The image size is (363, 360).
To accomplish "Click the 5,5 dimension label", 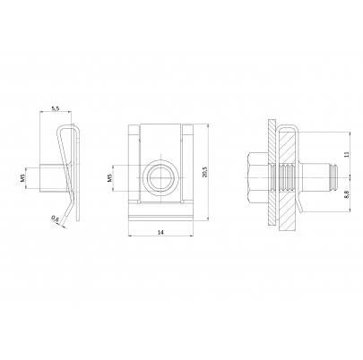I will click(x=55, y=107).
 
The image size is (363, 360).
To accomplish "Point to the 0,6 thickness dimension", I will click(x=56, y=218).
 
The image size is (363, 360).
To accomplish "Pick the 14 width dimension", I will click(x=160, y=233).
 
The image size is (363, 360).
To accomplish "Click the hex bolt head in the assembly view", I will click(x=252, y=175).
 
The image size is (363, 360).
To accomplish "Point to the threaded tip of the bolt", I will click(x=331, y=175).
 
